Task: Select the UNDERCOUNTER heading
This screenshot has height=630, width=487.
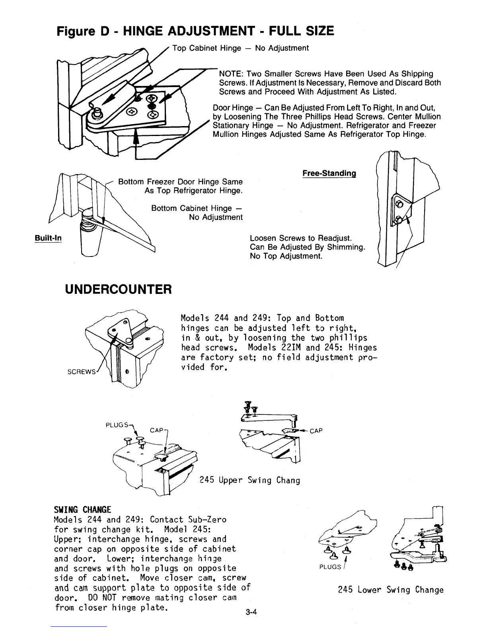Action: pyautogui.click(x=119, y=289)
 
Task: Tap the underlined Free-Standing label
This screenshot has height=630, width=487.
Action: pyautogui.click(x=329, y=173)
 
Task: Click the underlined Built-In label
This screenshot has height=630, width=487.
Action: pyautogui.click(x=48, y=238)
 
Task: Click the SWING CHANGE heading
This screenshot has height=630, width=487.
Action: pyautogui.click(x=82, y=510)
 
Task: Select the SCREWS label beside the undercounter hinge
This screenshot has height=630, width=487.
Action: pyautogui.click(x=81, y=372)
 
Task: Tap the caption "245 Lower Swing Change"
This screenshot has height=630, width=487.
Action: pyautogui.click(x=390, y=590)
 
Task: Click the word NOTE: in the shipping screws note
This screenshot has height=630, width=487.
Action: pyautogui.click(x=232, y=74)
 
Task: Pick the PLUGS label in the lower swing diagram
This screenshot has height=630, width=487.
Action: pyautogui.click(x=329, y=566)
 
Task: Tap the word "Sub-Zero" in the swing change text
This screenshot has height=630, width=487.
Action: pyautogui.click(x=208, y=520)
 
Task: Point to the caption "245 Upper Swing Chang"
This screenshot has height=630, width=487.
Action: pyautogui.click(x=249, y=480)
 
